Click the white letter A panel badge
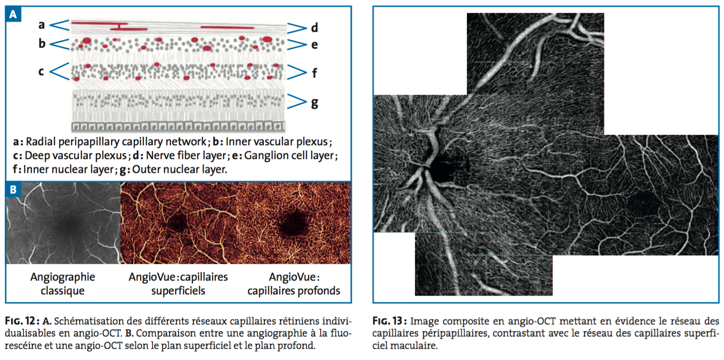click(13, 15)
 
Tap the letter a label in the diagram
click(42, 24)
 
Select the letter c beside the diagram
click(41, 71)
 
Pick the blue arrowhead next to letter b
click(60, 44)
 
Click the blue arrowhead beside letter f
click(296, 73)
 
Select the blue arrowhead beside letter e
click(296, 45)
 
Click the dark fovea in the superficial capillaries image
click(180, 221)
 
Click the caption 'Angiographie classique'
click(62, 283)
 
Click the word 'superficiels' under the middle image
click(178, 290)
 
